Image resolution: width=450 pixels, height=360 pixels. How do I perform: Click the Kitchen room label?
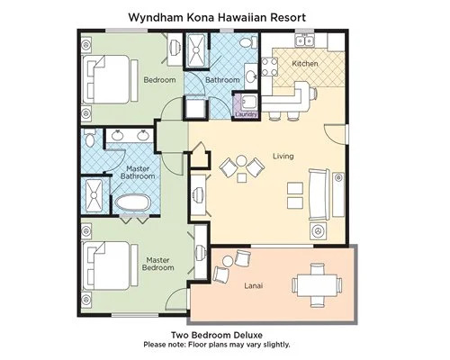305,64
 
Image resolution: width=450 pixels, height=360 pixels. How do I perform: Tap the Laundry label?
247,114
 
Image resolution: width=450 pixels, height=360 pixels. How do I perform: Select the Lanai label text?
254,285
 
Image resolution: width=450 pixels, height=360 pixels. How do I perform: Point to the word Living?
283,156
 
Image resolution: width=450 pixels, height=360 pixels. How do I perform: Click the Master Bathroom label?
138,173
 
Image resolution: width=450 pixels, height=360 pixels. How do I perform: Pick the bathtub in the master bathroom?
132,203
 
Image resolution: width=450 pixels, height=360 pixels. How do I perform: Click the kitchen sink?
304,40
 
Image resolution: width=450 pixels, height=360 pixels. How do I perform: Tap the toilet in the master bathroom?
89,138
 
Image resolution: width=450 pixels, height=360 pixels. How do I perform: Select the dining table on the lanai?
318,285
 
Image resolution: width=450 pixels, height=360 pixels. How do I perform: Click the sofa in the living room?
319,194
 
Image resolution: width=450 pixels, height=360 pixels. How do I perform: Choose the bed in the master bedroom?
106,265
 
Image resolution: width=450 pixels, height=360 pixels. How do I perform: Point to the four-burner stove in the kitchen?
269,67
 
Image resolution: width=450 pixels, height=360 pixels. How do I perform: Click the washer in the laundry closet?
249,103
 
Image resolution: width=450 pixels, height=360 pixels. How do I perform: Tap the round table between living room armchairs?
241,161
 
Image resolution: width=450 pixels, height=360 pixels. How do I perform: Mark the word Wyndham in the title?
155,17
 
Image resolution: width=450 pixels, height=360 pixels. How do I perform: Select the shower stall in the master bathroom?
94,195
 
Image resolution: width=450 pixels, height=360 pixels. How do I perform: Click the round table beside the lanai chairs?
228,261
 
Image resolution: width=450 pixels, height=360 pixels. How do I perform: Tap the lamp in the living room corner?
318,230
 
